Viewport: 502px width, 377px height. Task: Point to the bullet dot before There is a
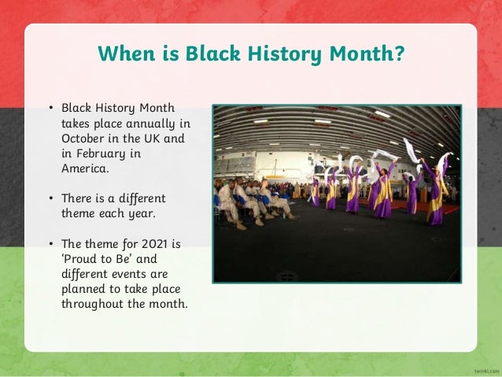pos(50,198)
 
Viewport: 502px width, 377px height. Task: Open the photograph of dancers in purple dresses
pos(337,194)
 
